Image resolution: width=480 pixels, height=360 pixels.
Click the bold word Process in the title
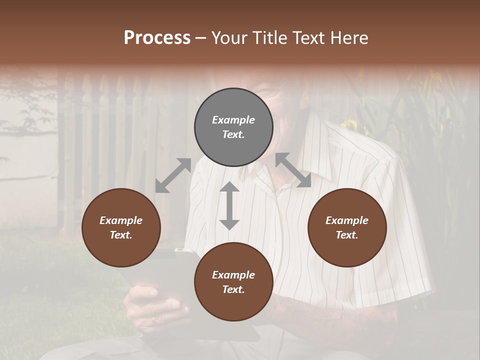157,37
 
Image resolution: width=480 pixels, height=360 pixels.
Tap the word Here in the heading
349,37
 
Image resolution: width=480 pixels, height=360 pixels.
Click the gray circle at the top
233,127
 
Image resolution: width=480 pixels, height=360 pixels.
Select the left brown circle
121,227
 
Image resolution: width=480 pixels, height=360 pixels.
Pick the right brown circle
347,227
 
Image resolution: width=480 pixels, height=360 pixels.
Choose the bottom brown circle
233,282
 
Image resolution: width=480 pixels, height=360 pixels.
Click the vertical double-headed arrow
229,205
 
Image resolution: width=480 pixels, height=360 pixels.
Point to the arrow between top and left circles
173,175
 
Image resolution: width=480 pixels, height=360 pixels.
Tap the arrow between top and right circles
293,170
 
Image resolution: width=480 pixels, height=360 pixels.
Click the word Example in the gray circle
233,120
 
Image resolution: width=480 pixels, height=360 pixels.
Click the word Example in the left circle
121,220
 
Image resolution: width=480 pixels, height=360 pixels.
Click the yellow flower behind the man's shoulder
350,125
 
